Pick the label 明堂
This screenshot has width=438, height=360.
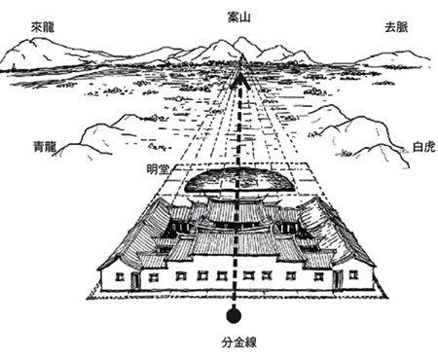click(159, 167)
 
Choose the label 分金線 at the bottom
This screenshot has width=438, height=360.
click(235, 343)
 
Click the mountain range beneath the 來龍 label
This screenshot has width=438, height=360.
click(49, 56)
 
